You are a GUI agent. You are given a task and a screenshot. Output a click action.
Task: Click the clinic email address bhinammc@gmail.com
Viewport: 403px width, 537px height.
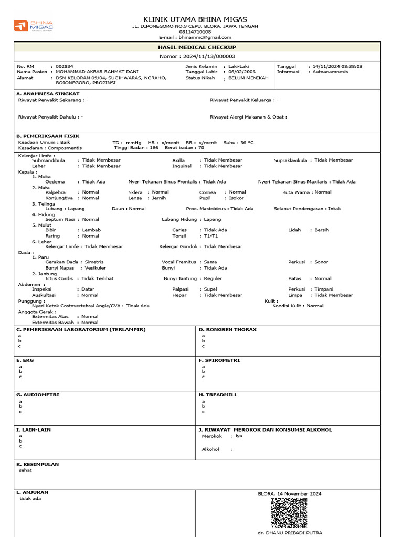205,38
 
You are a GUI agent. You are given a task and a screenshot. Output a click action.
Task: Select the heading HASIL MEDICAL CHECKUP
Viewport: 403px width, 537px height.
197,47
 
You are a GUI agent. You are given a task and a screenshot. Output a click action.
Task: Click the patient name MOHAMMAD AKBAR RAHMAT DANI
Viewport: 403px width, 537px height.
97,72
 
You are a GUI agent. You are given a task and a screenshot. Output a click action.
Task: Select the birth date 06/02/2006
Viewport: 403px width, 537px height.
244,72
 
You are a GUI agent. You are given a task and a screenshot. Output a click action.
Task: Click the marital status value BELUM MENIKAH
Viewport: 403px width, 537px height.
248,78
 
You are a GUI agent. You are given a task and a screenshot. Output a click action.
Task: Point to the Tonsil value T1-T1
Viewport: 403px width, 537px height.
211,236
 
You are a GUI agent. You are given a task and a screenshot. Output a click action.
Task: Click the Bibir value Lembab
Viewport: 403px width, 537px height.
91,230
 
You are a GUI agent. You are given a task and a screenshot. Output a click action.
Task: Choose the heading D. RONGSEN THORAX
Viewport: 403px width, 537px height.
228,330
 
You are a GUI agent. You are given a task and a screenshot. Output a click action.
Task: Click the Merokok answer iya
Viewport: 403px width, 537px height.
239,436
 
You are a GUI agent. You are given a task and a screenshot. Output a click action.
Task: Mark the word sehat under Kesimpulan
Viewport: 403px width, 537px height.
25,470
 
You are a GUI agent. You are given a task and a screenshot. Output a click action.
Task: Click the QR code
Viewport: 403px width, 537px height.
289,513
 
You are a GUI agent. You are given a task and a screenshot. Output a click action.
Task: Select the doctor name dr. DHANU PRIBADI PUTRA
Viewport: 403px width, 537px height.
290,533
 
